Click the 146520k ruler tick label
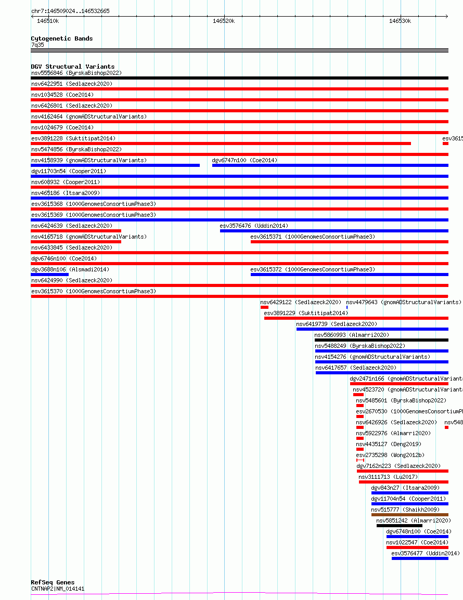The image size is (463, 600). point(224,21)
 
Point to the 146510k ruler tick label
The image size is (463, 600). point(48,21)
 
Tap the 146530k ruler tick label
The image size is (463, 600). point(400,21)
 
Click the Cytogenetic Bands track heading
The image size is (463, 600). point(61,38)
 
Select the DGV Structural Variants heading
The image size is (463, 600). point(72,67)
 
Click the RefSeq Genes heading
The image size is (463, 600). point(53,582)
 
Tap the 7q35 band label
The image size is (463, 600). point(37,45)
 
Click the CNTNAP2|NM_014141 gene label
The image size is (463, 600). point(57,589)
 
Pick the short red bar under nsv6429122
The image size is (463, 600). point(264,307)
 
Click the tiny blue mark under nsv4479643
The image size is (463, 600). point(347,307)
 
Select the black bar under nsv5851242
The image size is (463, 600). point(399,526)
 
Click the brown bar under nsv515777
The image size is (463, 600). point(409,515)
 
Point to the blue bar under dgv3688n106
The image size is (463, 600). point(49,275)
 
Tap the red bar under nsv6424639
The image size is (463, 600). point(76,231)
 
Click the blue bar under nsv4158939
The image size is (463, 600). point(115,165)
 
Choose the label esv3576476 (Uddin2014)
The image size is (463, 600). point(253,226)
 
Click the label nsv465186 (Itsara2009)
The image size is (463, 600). point(65,193)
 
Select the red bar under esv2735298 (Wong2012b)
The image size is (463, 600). point(360,460)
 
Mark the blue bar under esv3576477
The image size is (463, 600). point(420,558)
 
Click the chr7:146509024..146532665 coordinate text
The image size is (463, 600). point(70,11)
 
